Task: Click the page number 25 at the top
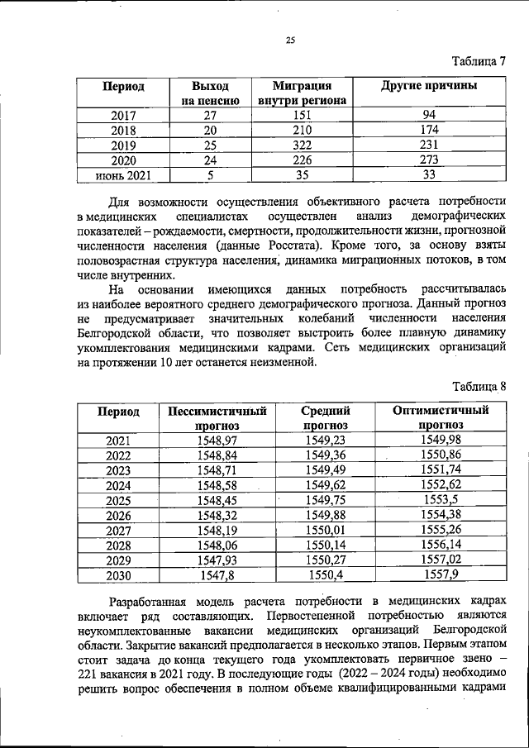[x=290, y=39]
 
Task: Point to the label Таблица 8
[x=477, y=386]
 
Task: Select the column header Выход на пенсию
[x=210, y=93]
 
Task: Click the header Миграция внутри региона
[x=302, y=93]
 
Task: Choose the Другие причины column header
[x=428, y=86]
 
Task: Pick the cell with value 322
[x=302, y=145]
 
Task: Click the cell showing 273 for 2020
[x=428, y=160]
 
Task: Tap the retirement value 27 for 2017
[x=210, y=115]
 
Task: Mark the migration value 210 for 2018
[x=302, y=131]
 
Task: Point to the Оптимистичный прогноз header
[x=441, y=417]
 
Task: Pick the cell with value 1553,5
[x=441, y=500]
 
